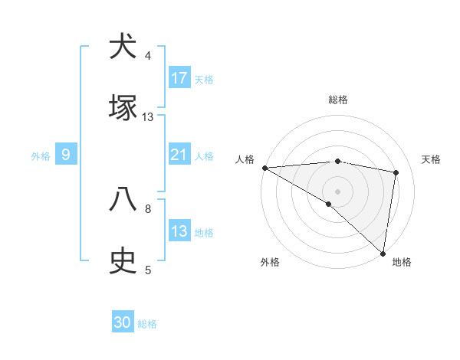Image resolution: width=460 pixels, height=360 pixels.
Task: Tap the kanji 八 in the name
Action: (123, 199)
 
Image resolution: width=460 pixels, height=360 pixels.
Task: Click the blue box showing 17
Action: (179, 78)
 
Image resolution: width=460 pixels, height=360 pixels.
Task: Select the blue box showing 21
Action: (179, 155)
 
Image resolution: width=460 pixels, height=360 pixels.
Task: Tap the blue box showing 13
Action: (179, 232)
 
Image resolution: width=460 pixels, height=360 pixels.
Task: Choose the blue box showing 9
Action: (66, 155)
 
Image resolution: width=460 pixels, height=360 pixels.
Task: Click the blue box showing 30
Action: (123, 322)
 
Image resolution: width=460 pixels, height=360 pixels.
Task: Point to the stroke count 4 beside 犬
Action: (148, 56)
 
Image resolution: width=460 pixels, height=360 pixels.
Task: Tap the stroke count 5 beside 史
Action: (148, 270)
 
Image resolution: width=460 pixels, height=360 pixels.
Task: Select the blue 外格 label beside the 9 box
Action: (41, 156)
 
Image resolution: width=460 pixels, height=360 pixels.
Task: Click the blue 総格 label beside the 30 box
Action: (147, 324)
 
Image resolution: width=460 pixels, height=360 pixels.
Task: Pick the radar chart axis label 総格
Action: (338, 100)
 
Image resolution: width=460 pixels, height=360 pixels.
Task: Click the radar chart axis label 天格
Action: (432, 159)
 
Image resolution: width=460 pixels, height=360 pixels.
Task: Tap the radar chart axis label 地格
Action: (402, 262)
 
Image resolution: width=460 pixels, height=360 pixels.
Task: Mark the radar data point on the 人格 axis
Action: (264, 168)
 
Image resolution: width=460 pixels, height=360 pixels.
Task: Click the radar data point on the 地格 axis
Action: (383, 253)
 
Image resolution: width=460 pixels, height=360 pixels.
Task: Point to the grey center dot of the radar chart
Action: (338, 191)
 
